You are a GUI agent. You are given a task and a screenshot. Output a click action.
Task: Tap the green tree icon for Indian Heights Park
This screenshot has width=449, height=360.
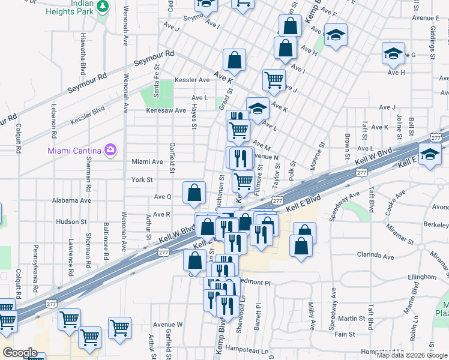(x=103, y=6)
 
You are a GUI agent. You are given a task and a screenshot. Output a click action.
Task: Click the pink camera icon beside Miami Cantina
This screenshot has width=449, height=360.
(x=110, y=149)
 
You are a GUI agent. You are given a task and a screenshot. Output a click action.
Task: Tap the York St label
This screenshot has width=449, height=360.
(x=142, y=179)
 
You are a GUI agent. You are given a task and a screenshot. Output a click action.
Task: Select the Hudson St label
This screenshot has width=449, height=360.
(x=71, y=221)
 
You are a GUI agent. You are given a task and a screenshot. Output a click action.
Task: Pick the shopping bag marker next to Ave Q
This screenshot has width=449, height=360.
(x=194, y=193)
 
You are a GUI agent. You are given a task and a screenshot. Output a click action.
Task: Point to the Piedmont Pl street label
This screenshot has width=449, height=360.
(x=255, y=281)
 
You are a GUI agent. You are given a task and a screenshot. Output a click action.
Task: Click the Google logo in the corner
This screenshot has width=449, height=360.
(x=20, y=352)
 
